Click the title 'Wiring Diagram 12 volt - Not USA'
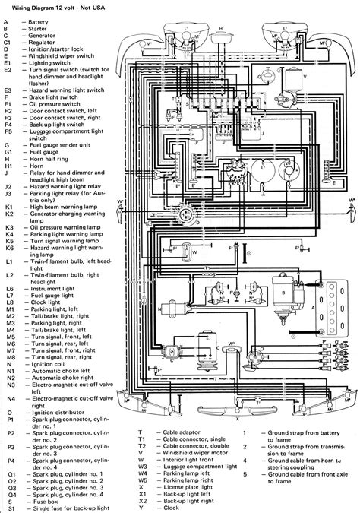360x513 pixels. coord(60,7)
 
